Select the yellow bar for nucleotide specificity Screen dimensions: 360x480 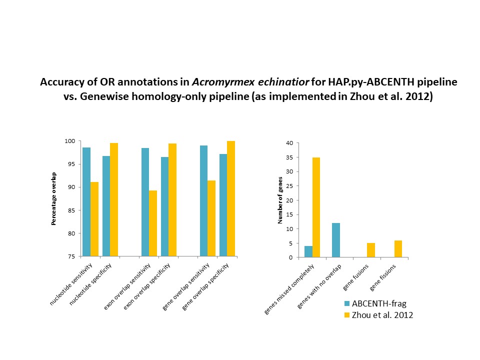(x=114, y=200)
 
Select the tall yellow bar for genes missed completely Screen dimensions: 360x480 (x=316, y=207)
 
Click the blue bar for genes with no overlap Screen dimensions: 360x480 (x=336, y=240)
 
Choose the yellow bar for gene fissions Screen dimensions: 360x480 (x=398, y=249)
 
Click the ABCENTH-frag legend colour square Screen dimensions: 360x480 (x=347, y=303)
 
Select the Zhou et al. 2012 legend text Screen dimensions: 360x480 (x=382, y=315)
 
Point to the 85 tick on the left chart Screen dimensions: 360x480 (x=73, y=210)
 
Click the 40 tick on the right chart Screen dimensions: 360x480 (x=288, y=143)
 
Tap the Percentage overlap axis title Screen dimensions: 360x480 (x=53, y=199)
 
